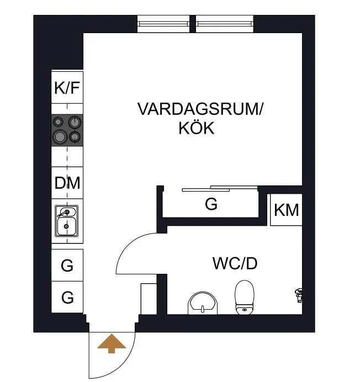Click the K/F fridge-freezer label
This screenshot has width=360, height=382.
point(67,88)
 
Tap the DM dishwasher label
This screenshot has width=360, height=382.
point(67,183)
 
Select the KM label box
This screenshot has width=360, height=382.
point(286,210)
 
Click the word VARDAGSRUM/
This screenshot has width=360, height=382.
point(200,109)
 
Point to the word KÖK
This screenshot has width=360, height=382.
point(197,128)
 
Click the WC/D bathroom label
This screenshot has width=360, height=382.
point(235,263)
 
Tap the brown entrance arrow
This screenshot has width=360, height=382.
point(112,343)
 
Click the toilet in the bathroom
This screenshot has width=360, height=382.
point(245,297)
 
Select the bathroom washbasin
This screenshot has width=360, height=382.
point(203,303)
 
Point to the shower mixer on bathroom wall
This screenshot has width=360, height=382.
point(299,295)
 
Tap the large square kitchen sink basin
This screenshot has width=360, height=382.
point(66,226)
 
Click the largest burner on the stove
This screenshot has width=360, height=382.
point(60,137)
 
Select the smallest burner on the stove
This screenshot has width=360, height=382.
point(58,121)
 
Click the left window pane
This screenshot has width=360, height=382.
point(163,24)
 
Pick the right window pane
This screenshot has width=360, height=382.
point(225,24)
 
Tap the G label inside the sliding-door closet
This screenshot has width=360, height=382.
point(211,204)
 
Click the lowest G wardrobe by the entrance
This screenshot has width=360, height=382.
point(67,297)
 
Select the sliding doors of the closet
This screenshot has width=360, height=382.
point(220,189)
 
